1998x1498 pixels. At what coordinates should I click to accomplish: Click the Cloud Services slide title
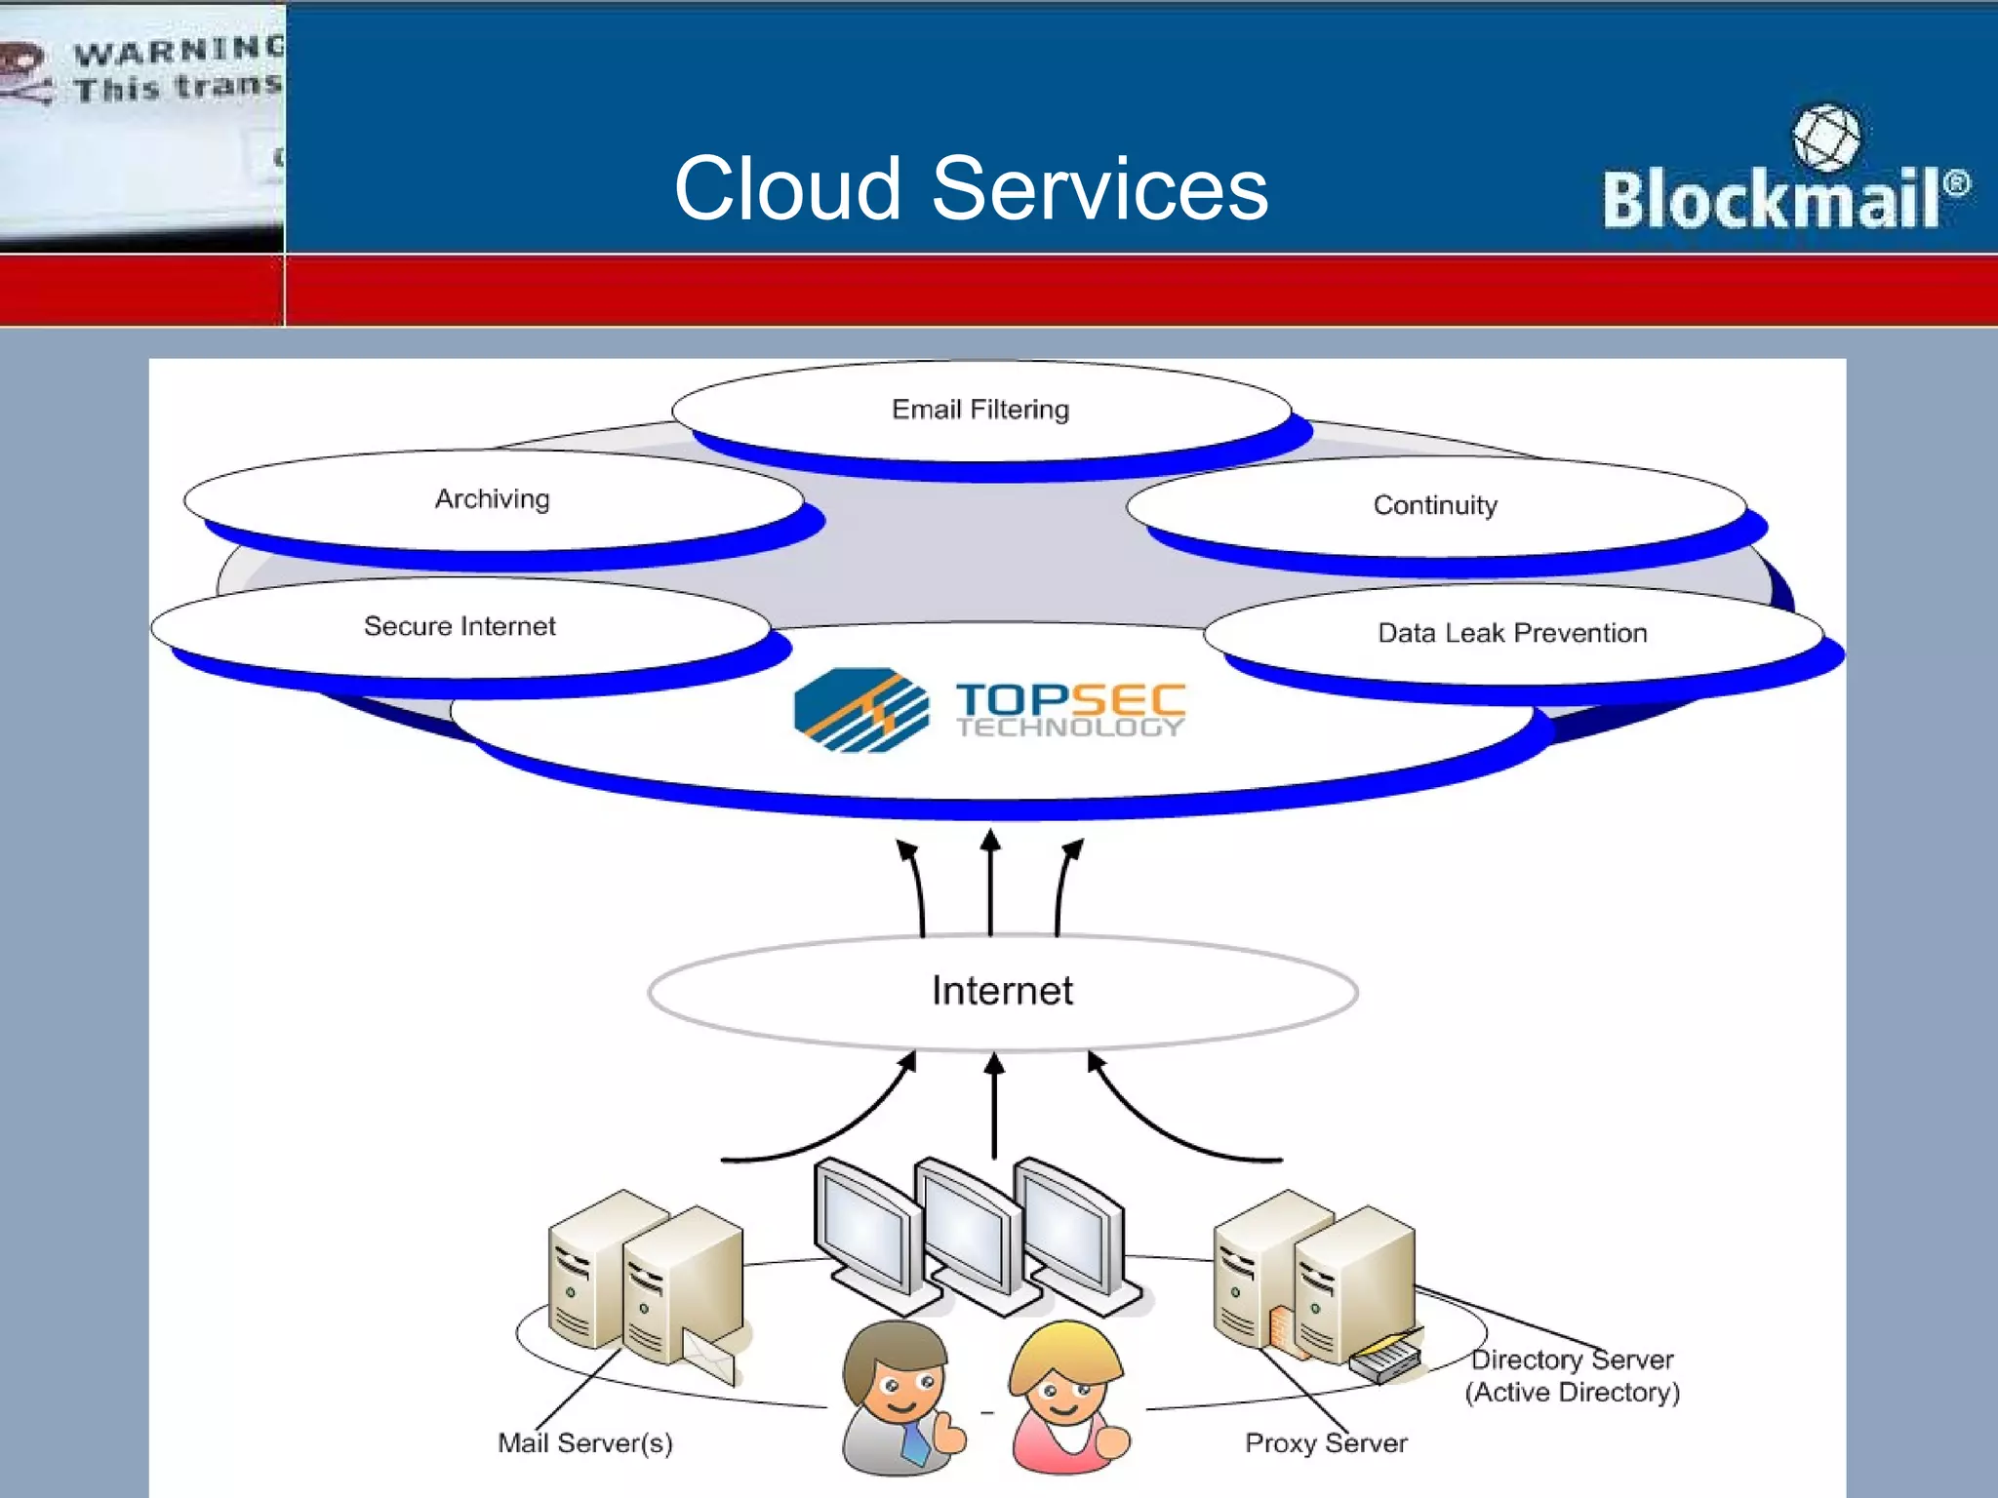pos(971,189)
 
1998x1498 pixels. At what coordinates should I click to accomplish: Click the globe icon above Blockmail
pos(1825,138)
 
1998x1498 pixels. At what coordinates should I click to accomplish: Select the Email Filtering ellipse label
pos(980,410)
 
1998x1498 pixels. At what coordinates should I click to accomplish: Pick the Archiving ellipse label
pos(493,499)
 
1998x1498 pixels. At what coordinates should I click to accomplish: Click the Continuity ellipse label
pos(1435,505)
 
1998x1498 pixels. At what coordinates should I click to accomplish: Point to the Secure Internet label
pos(460,626)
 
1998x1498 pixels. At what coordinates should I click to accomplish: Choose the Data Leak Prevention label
pos(1512,633)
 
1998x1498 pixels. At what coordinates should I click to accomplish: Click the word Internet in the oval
pos(1002,991)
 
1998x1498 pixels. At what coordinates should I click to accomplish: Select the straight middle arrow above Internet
pos(990,883)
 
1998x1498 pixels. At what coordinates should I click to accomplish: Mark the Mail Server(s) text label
pos(585,1443)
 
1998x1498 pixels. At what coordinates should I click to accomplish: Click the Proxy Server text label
pos(1326,1443)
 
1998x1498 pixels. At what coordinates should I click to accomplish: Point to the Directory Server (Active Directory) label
pos(1573,1376)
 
